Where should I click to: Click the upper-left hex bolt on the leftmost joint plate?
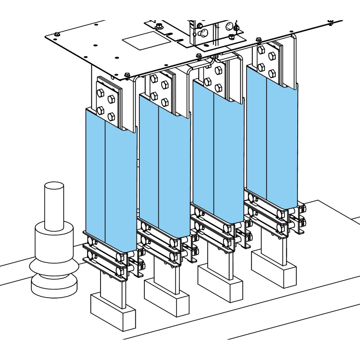(x=101, y=91)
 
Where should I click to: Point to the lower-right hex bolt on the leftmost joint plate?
(x=112, y=116)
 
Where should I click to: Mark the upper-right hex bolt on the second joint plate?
(x=165, y=84)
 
